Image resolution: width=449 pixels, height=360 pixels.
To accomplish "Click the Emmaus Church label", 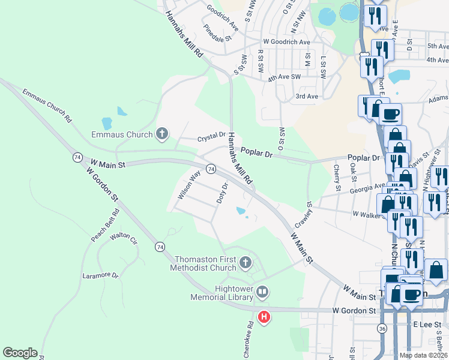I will point(122,134).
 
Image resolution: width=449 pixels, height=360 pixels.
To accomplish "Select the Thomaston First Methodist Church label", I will point(205,263).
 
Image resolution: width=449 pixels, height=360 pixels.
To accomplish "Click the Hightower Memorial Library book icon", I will point(262,292).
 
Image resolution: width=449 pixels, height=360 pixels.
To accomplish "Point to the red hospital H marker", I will point(263,316).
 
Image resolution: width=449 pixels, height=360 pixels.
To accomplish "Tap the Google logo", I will point(20,353).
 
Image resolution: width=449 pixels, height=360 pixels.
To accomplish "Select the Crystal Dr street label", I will point(211,137).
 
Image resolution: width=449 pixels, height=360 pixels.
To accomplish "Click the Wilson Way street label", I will point(189,185).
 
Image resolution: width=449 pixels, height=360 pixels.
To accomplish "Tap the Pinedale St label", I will point(217,34).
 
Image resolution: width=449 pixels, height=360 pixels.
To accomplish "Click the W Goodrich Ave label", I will point(286,42).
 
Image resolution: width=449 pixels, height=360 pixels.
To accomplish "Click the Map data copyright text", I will point(423,355).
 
